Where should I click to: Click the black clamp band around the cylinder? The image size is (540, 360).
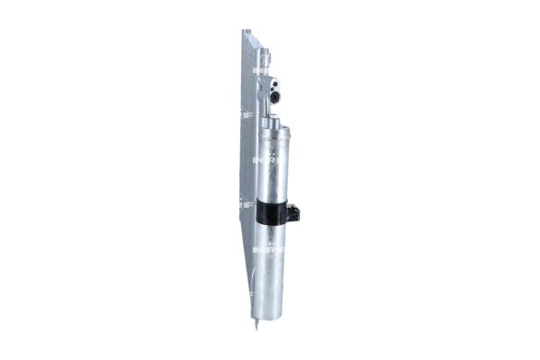point(273,211)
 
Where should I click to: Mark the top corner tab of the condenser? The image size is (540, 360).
point(246,33)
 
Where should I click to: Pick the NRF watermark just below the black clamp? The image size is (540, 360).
point(268,245)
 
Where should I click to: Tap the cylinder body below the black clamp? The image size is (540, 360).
point(273,279)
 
